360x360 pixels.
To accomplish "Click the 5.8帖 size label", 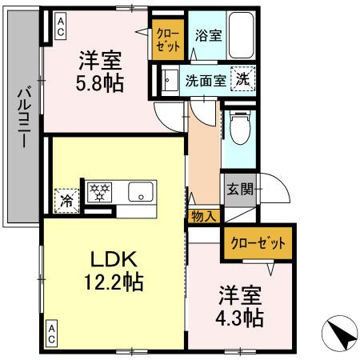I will (101, 82).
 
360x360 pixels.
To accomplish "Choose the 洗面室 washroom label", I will (205, 80).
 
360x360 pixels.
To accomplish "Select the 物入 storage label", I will (203, 215).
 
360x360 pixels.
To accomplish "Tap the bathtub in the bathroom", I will (240, 35).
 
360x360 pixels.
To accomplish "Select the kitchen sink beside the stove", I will (141, 192).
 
